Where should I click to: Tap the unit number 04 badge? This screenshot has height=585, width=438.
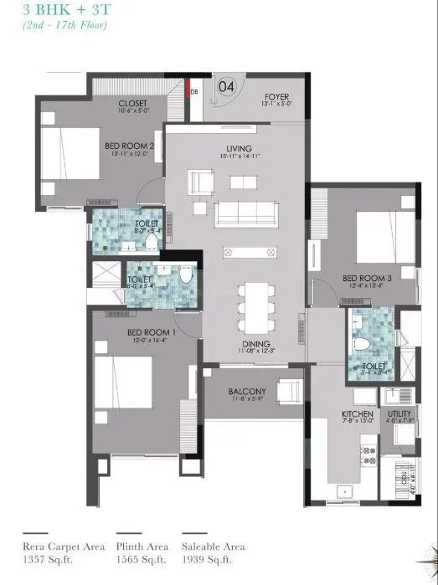pyautogui.click(x=227, y=85)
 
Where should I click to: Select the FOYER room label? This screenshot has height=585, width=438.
pyautogui.click(x=276, y=97)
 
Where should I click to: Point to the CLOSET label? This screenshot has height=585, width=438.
pyautogui.click(x=133, y=103)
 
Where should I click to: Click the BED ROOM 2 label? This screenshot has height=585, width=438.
pyautogui.click(x=127, y=145)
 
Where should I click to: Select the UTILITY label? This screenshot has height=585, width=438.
pyautogui.click(x=399, y=413)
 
